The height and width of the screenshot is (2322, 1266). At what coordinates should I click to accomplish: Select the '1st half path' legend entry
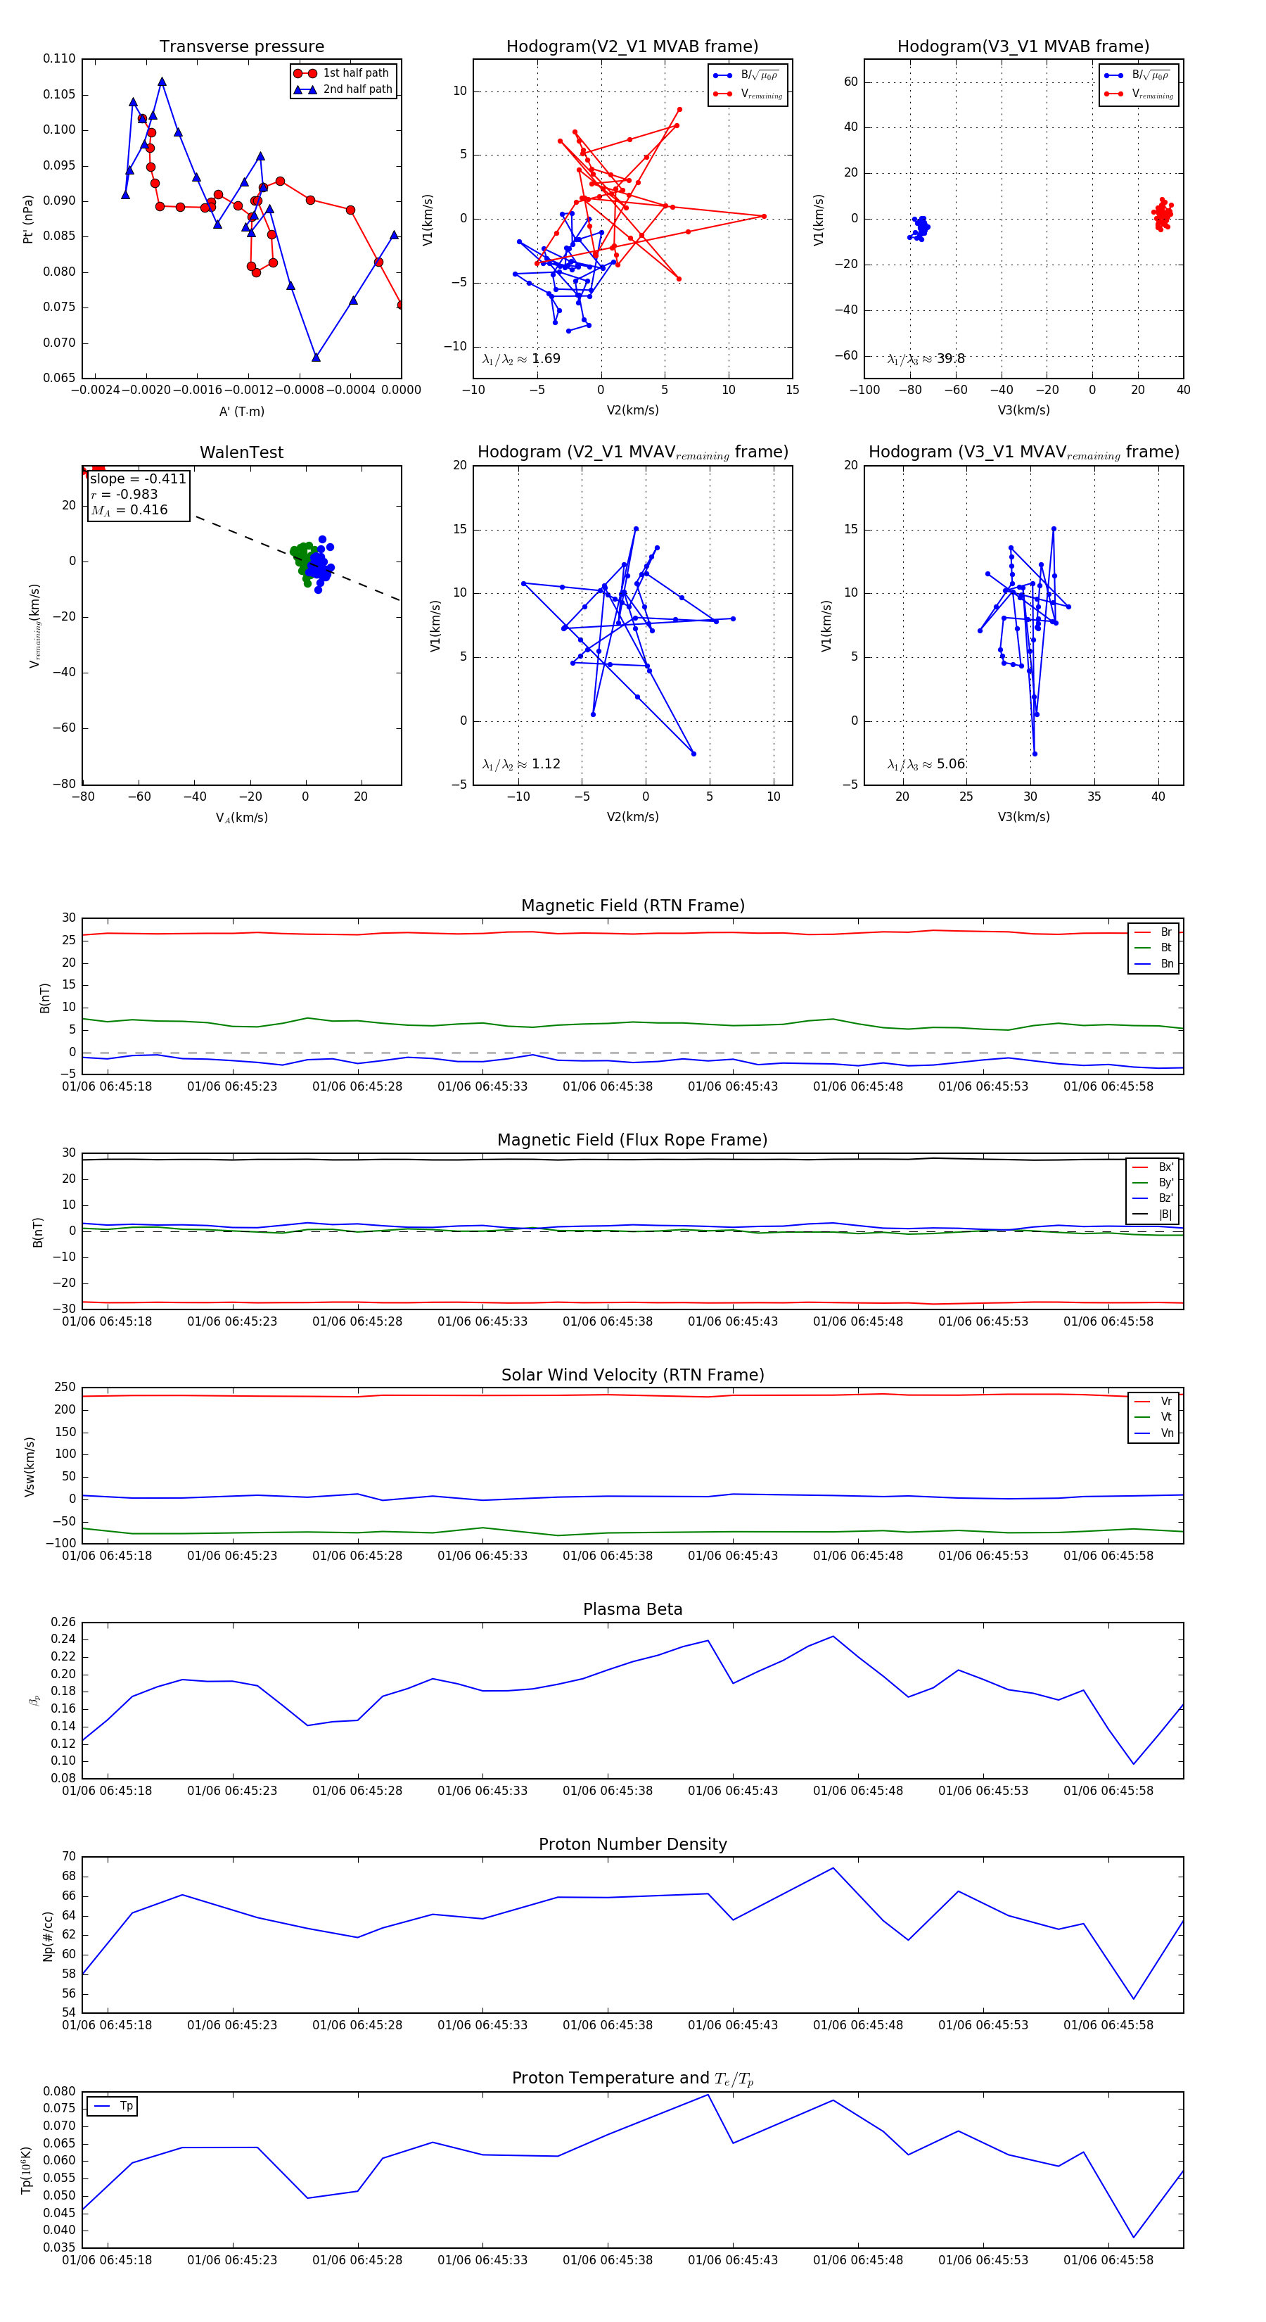pos(355,73)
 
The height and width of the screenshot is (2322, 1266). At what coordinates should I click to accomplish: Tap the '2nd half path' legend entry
pos(357,89)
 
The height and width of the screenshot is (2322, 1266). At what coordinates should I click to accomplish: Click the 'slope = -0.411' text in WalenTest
pos(138,478)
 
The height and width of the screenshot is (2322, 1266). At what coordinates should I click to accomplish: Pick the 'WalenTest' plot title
pos(241,452)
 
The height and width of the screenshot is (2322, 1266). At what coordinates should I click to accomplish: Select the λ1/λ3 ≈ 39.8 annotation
pos(926,359)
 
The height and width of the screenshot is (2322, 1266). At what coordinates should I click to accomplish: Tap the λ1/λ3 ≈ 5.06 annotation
pos(926,764)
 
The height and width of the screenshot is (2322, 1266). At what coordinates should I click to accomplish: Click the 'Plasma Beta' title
pos(632,1610)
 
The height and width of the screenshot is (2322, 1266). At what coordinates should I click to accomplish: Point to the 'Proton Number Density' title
pos(632,1844)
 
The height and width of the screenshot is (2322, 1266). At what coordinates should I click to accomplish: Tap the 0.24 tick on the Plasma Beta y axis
pos(63,1639)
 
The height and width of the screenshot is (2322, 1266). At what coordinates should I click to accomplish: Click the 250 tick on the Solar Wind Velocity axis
pos(65,1388)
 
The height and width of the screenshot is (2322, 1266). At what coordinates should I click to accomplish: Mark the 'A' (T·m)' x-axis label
pos(241,412)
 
